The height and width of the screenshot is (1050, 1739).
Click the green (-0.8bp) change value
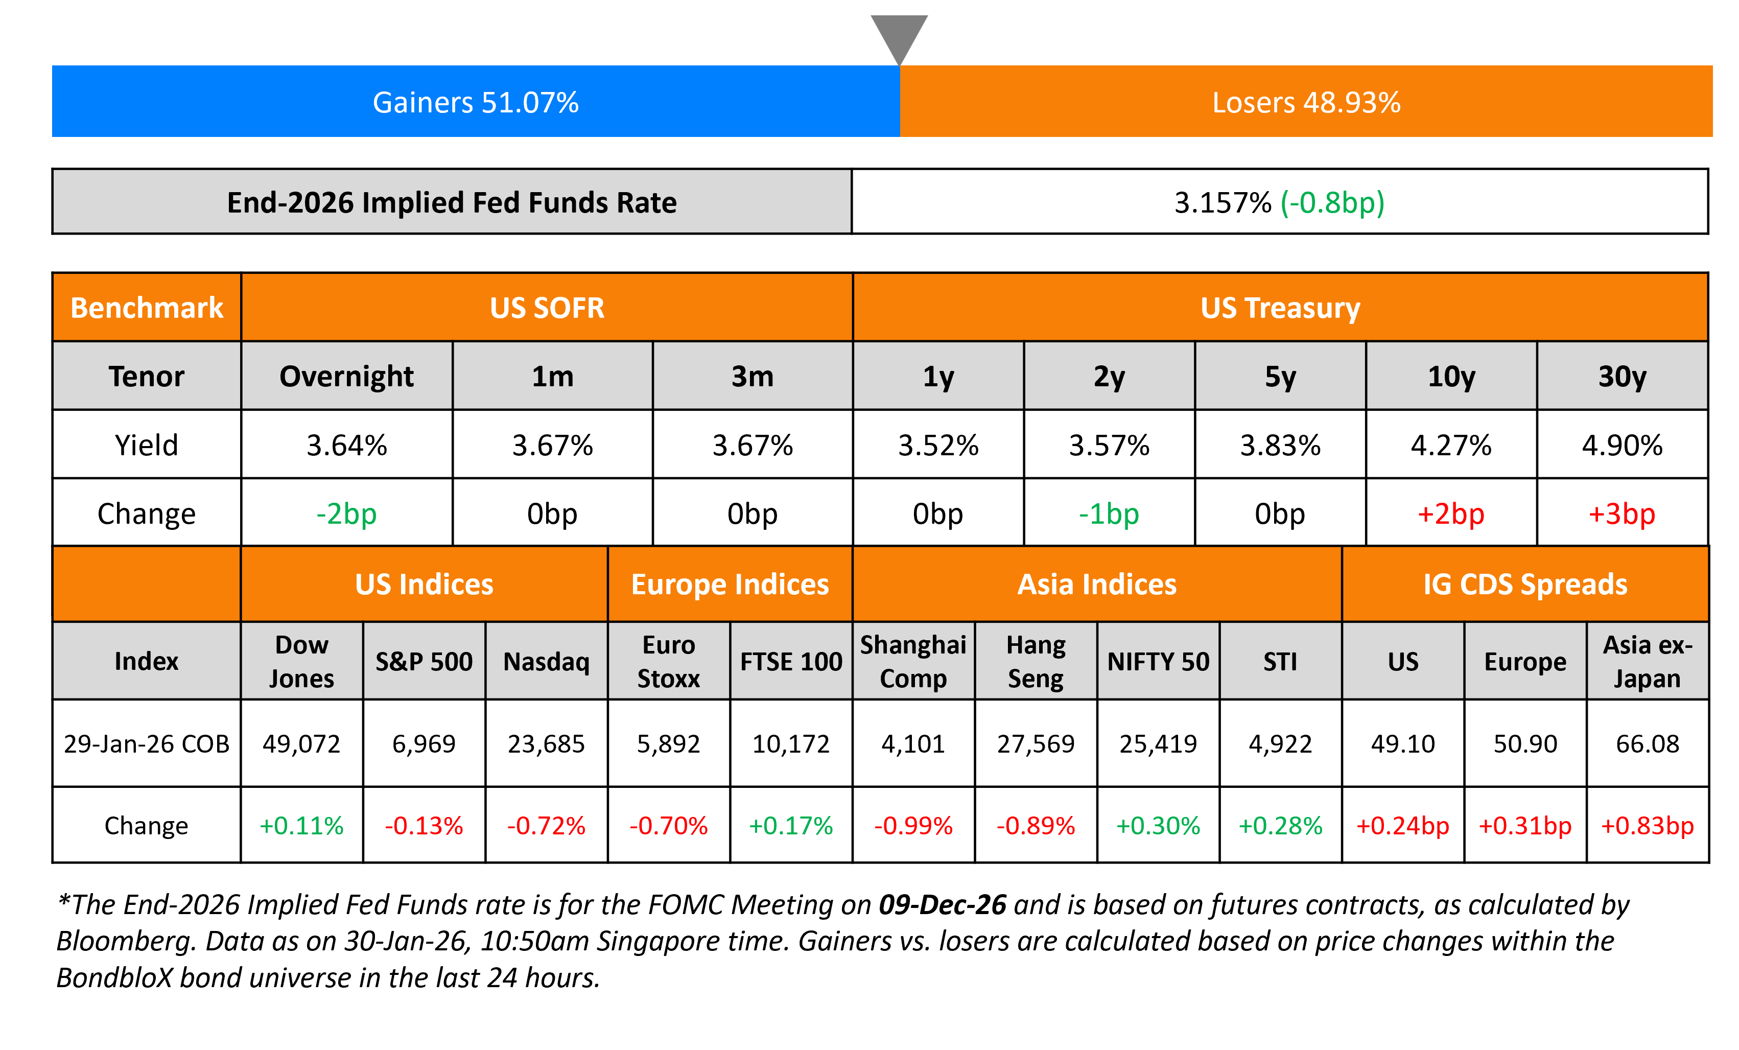pos(1332,203)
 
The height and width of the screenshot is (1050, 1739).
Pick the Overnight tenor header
pos(346,377)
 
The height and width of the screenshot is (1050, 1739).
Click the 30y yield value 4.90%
pos(1622,445)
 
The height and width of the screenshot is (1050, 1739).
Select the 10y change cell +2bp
pos(1451,514)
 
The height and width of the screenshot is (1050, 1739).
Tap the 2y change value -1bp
pos(1109,514)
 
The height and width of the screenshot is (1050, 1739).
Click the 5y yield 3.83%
pos(1280,445)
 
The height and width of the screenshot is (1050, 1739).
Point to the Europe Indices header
pos(730,585)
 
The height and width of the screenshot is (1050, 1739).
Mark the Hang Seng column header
pos(1036,662)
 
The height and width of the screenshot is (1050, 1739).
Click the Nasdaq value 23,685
pos(546,744)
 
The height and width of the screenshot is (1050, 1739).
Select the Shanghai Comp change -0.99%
pos(913,826)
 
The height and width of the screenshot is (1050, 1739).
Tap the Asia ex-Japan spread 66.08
pos(1647,744)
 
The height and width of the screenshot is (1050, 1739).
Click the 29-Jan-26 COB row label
pos(147,744)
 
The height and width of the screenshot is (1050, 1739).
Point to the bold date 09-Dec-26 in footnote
pos(942,905)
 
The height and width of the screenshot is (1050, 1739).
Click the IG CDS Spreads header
pos(1524,585)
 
